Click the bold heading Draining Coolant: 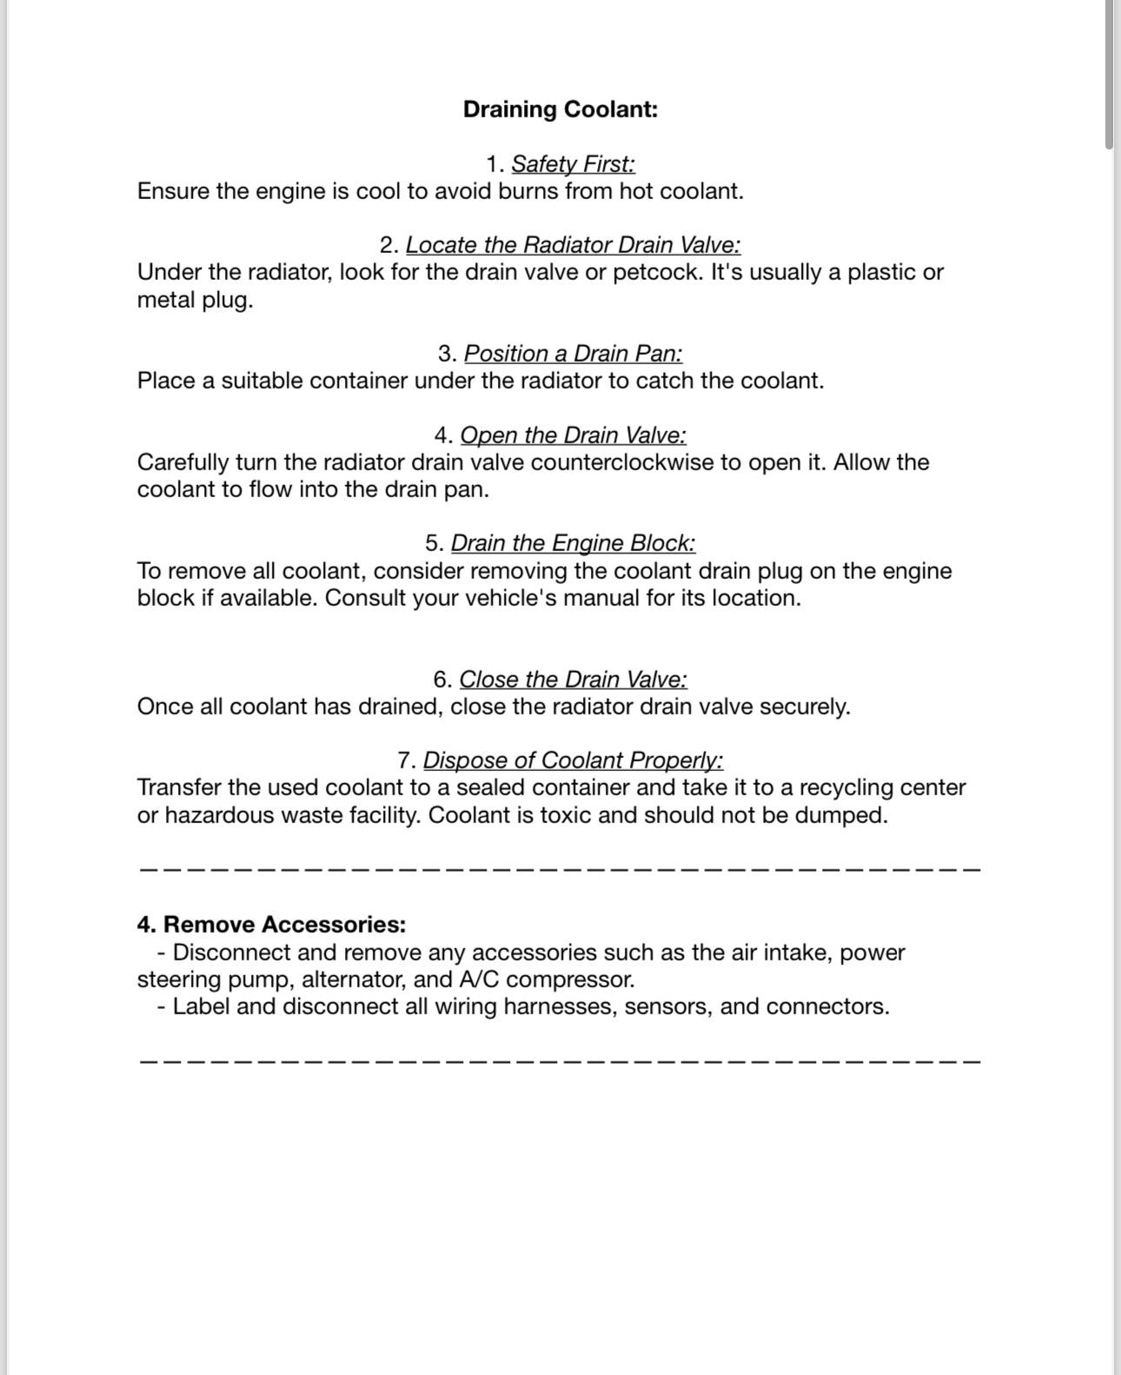(560, 110)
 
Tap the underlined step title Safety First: (573, 164)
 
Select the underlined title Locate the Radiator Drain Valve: (573, 245)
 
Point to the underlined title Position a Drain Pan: (573, 354)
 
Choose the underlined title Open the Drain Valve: (573, 435)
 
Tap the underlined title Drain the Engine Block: (573, 543)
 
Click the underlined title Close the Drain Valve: (573, 680)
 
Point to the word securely (805, 707)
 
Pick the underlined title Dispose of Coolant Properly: (573, 761)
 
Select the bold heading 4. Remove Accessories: (271, 924)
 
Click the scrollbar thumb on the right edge (1109, 74)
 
